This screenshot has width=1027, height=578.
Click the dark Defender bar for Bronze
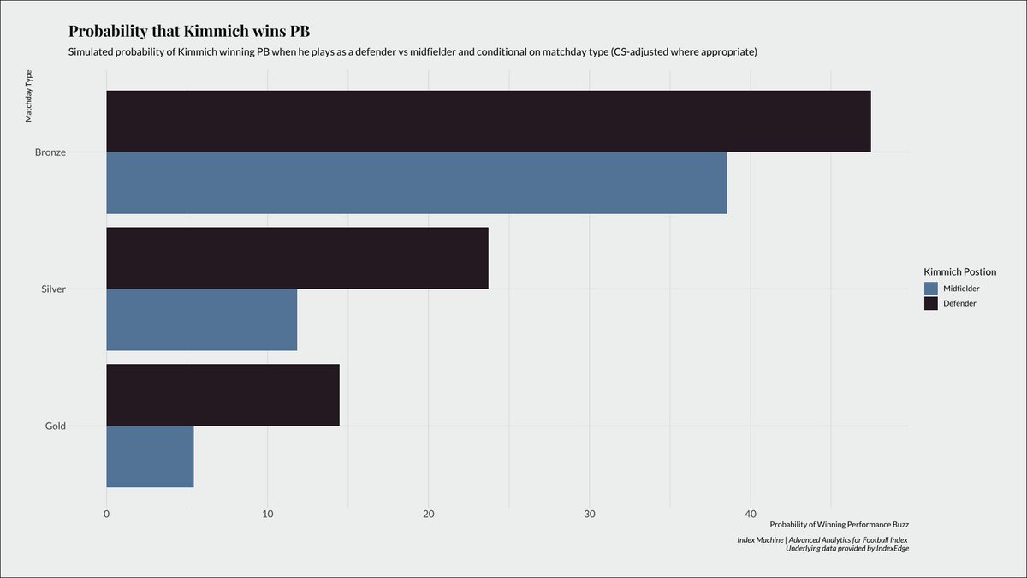click(488, 122)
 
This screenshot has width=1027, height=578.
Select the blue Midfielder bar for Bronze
click(416, 183)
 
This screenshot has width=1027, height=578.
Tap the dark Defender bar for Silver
click(297, 259)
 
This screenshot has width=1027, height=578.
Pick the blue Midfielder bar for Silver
click(201, 319)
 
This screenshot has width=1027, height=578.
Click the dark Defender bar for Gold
click(223, 395)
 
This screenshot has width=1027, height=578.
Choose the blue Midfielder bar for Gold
click(150, 456)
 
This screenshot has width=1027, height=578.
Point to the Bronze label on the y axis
click(50, 152)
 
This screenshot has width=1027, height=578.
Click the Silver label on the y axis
click(53, 289)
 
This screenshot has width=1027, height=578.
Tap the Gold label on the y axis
click(55, 426)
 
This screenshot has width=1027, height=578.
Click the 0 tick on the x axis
click(106, 514)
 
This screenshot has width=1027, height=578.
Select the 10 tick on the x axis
click(268, 514)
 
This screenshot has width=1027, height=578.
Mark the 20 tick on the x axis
click(429, 514)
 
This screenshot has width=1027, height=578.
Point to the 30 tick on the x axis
click(590, 514)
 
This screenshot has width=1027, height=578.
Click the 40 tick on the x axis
click(751, 514)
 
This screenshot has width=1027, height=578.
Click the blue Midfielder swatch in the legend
click(931, 289)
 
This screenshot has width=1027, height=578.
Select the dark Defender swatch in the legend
click(931, 303)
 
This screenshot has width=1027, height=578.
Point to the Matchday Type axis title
click(28, 98)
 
